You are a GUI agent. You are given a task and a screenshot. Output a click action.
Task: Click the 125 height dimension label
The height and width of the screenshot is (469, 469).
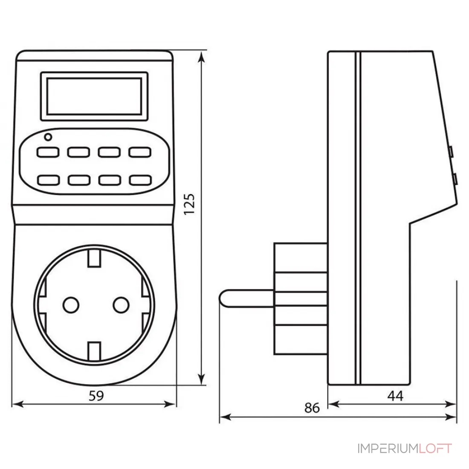(189, 204)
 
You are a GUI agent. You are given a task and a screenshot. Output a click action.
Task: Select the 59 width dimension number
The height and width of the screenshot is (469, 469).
(96, 396)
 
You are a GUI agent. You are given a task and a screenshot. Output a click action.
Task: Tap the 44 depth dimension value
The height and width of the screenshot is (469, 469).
(395, 396)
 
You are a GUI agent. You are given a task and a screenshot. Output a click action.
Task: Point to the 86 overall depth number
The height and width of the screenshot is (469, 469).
(312, 408)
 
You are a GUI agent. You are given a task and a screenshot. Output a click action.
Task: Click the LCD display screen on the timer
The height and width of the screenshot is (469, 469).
(94, 96)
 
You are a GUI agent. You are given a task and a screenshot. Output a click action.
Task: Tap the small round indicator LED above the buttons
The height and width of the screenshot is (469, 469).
(48, 137)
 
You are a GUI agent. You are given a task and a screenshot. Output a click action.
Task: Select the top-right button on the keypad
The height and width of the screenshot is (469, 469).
(140, 152)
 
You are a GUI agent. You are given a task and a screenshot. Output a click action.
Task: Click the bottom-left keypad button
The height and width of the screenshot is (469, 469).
(48, 180)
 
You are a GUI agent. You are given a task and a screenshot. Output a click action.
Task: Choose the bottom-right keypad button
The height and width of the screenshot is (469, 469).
(140, 180)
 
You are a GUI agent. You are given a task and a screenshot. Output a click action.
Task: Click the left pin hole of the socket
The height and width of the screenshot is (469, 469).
(71, 305)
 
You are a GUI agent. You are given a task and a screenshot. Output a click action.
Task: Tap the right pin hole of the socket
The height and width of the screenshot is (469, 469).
(121, 305)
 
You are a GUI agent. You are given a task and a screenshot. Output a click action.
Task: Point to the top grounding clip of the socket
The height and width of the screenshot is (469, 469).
(94, 258)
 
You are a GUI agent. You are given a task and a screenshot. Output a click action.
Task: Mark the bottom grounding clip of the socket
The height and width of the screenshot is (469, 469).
(94, 351)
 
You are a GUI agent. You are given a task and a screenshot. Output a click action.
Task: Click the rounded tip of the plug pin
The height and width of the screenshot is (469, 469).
(221, 298)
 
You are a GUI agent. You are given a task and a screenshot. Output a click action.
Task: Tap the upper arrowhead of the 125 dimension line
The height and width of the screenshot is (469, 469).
(202, 57)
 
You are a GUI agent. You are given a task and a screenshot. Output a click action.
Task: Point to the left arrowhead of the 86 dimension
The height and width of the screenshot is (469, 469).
(225, 417)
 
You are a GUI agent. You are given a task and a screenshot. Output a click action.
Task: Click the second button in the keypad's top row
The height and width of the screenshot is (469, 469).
(79, 152)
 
